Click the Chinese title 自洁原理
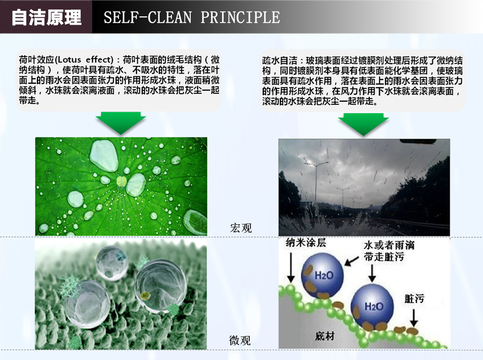pyautogui.click(x=46, y=17)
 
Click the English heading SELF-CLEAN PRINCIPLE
pyautogui.click(x=192, y=17)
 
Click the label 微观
pyautogui.click(x=240, y=340)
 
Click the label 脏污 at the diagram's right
pyautogui.click(x=414, y=299)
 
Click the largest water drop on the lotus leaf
pyautogui.click(x=104, y=155)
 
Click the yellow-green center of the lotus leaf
pyautogui.click(x=121, y=181)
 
